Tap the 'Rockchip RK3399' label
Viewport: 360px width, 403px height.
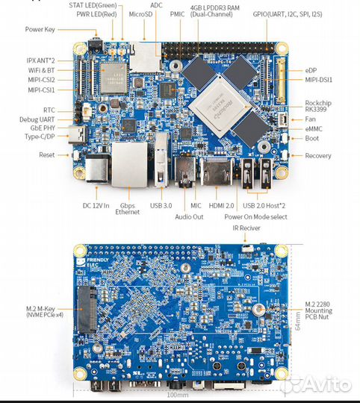324,107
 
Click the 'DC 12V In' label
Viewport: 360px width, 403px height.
96,205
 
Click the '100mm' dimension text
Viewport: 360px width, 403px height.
177,395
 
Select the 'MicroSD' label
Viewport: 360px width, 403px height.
141,13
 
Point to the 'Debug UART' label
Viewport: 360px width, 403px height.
36,119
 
